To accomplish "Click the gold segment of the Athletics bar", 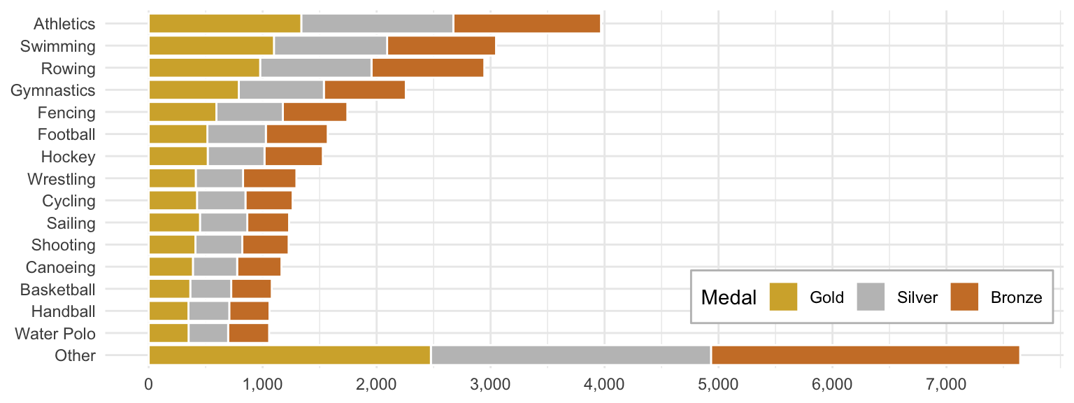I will pos(224,23).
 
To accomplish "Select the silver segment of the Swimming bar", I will pos(330,45).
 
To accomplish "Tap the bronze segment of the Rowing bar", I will pos(427,68).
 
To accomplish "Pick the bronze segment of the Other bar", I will pos(865,355).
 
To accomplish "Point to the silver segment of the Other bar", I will pos(571,355).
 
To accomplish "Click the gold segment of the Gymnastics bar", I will pos(194,90).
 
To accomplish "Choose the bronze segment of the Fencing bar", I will pos(315,112).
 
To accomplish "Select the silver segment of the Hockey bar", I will pos(236,156).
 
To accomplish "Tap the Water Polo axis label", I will pos(55,334).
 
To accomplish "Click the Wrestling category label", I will pos(61,178).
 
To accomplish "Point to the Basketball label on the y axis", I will pos(57,289).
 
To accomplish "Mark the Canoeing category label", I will pos(60,267).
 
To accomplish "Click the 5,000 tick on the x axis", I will pos(718,385).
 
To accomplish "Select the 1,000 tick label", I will pos(263,385).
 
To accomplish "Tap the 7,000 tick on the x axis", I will pos(946,385).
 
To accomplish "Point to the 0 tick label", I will pos(149,385).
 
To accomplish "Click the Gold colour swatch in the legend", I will pos(783,297).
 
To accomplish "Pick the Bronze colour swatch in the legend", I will pos(964,297).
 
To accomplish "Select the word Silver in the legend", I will pos(917,297).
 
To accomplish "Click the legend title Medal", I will pos(729,297).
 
